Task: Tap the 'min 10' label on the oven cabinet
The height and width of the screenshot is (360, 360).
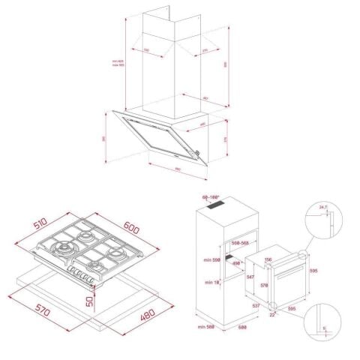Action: coord(211,282)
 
